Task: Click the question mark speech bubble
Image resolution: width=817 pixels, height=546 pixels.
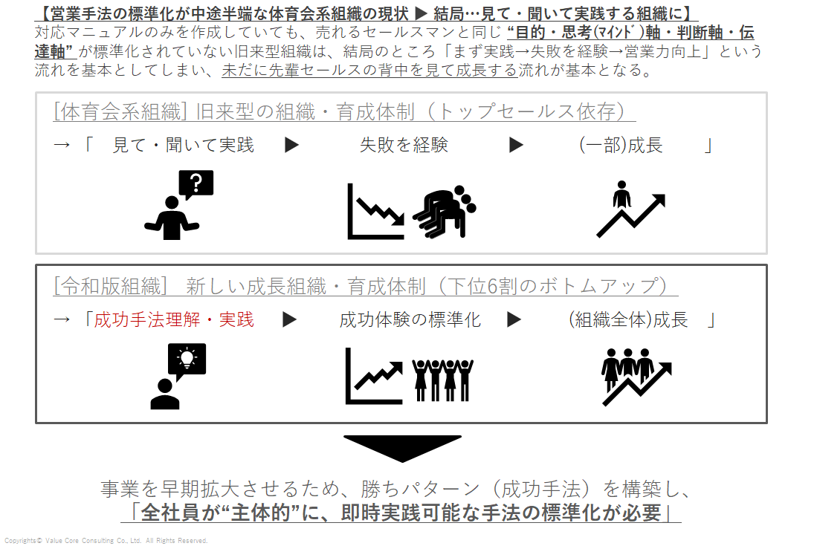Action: [x=196, y=184]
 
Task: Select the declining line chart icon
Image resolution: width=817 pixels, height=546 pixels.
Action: [x=375, y=211]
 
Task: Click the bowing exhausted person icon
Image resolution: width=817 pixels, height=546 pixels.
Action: [x=445, y=212]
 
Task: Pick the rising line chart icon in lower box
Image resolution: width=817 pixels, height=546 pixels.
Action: [x=374, y=376]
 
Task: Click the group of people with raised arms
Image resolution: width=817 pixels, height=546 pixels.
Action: [x=442, y=380]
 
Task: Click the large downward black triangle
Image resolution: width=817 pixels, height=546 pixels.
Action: [x=402, y=449]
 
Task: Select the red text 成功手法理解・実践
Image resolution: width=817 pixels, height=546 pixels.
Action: [x=174, y=319]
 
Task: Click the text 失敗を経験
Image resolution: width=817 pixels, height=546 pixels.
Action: [x=404, y=145]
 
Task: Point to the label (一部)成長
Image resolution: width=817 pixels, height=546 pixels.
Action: [x=621, y=145]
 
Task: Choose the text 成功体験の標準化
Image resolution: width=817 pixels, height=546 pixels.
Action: [x=410, y=319]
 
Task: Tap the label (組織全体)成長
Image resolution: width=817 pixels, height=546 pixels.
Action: [x=628, y=319]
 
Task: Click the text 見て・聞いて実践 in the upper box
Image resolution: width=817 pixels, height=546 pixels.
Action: [x=184, y=145]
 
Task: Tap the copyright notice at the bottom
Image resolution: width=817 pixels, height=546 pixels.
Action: [x=106, y=541]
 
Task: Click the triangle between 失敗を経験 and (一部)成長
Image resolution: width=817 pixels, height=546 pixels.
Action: [x=516, y=145]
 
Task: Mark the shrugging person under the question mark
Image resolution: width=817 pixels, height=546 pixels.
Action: [x=172, y=218]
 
